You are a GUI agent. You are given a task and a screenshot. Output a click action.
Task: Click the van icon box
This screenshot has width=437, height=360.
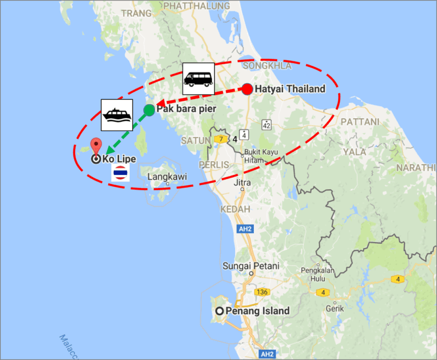(198, 78)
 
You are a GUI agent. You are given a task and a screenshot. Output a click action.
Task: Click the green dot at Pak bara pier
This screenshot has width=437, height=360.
(149, 110)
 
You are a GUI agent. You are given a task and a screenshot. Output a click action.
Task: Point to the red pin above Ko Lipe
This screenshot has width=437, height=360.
(96, 145)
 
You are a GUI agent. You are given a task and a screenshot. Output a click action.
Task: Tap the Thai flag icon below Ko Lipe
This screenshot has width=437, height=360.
(119, 173)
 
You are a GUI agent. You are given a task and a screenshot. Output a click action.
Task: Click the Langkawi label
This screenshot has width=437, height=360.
(163, 177)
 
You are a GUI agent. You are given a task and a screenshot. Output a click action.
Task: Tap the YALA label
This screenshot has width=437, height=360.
(354, 152)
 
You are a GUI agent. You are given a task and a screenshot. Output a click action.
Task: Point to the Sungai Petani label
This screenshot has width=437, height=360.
(251, 266)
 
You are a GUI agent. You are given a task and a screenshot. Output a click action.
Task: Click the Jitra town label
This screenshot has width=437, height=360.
(244, 183)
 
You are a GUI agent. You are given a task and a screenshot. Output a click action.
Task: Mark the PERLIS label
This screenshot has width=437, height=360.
(213, 165)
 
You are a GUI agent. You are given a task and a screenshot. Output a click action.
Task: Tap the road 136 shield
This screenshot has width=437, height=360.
(262, 292)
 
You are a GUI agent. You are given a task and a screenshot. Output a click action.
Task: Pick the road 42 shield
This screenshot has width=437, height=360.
(266, 124)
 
